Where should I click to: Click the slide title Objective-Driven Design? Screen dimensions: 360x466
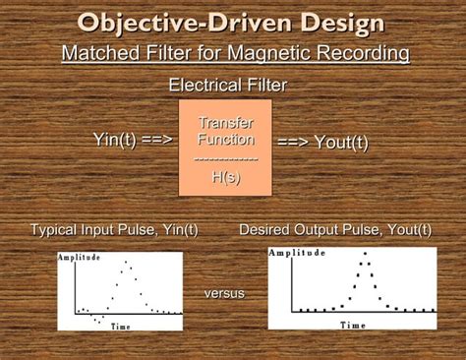tap(232, 22)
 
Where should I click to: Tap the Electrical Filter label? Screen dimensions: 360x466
tap(228, 86)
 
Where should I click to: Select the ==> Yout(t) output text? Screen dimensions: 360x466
tap(322, 142)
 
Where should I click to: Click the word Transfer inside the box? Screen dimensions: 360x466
tap(226, 124)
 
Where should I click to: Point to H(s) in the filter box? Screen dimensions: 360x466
tap(225, 176)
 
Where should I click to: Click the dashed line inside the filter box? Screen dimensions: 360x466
tap(225, 158)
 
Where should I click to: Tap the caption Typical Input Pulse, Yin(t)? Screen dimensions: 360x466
tap(114, 230)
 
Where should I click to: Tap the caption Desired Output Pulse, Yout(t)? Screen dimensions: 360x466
tap(335, 230)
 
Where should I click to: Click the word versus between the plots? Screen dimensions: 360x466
tap(225, 293)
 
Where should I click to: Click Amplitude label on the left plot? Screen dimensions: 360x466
tap(80, 258)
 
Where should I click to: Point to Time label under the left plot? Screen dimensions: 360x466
tap(121, 326)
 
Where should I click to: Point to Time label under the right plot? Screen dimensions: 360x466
tap(352, 325)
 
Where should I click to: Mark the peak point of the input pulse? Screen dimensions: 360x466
tap(127, 264)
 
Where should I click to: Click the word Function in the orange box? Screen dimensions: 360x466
tap(226, 140)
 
